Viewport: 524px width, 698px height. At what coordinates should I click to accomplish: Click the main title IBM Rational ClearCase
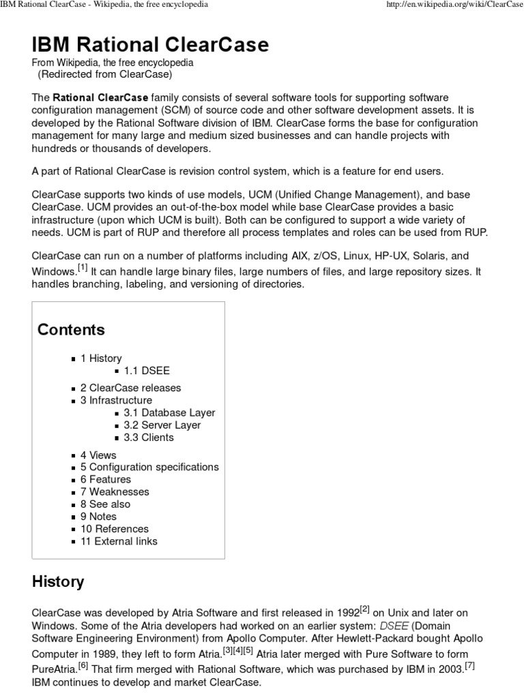pos(150,45)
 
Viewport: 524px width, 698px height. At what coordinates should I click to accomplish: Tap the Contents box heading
pos(71,330)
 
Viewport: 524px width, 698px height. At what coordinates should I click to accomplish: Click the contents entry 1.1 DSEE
pos(147,371)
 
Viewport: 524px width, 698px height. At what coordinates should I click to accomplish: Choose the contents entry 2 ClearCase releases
pos(130,388)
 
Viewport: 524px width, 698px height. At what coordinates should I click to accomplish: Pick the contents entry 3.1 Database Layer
pos(169,412)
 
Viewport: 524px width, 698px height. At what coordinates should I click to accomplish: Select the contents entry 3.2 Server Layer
pos(162,425)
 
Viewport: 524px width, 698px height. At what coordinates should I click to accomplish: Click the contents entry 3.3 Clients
pos(149,437)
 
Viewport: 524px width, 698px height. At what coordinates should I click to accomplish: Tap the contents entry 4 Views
pos(98,455)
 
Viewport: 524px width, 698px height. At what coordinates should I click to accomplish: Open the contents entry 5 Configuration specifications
pos(149,467)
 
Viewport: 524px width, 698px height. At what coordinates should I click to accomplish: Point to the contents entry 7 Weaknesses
pos(114,491)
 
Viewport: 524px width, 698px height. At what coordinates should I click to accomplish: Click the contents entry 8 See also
pos(105,504)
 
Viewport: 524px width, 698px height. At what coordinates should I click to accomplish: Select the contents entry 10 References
pos(114,528)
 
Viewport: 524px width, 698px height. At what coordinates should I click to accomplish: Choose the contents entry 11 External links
pos(119,541)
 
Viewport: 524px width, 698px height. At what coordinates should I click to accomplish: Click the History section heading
pos(59,582)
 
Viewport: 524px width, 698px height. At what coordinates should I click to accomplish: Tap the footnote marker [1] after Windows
pos(83,267)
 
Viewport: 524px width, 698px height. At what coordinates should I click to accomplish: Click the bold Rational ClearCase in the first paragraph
pos(100,98)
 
